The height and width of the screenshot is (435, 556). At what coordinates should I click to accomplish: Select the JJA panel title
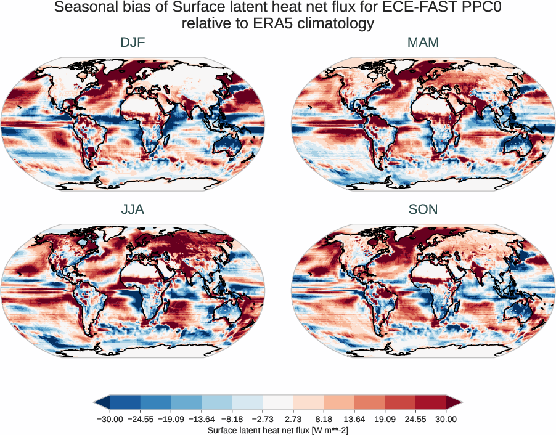(x=133, y=209)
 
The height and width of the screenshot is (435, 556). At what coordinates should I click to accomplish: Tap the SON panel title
(x=423, y=209)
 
